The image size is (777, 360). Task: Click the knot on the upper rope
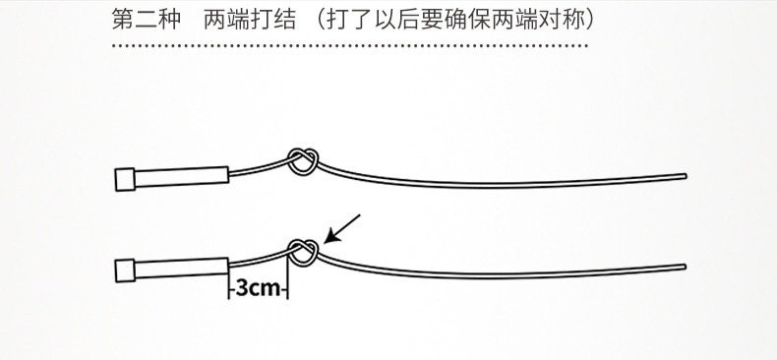pos(303,161)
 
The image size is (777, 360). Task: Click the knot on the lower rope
pos(303,253)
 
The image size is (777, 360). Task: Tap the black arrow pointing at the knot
pos(342,229)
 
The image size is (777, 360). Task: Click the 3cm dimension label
pos(258,287)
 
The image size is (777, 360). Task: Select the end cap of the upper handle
pos(125,179)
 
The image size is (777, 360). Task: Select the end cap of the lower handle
pos(125,270)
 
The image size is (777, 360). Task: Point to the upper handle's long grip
pos(181,177)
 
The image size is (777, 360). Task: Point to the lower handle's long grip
pos(181,268)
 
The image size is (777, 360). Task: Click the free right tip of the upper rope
pos(685,175)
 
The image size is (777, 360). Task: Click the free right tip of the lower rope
pos(685,267)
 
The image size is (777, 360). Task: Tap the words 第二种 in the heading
pos(147,20)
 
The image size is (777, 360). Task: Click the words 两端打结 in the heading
pos(249,20)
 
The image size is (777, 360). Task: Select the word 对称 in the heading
pos(560,20)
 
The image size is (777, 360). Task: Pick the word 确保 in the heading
pos(467,20)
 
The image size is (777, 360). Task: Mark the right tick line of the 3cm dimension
pos(288,276)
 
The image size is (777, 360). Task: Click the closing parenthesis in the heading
pos(589,20)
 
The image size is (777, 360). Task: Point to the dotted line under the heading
pos(350,45)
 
